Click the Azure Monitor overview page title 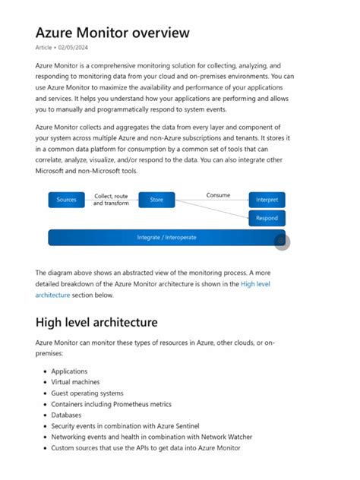112,33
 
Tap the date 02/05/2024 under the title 77,48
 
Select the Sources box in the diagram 67,200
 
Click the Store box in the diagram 156,200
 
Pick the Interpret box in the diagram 267,200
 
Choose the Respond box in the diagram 267,218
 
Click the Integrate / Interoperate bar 166,237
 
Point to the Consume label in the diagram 218,195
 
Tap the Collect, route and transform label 111,200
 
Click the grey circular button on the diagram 281,240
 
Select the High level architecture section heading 96,323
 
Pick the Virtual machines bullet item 75,382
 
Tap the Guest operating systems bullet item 87,393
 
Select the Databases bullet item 66,415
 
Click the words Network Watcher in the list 225,437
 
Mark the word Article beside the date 44,48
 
